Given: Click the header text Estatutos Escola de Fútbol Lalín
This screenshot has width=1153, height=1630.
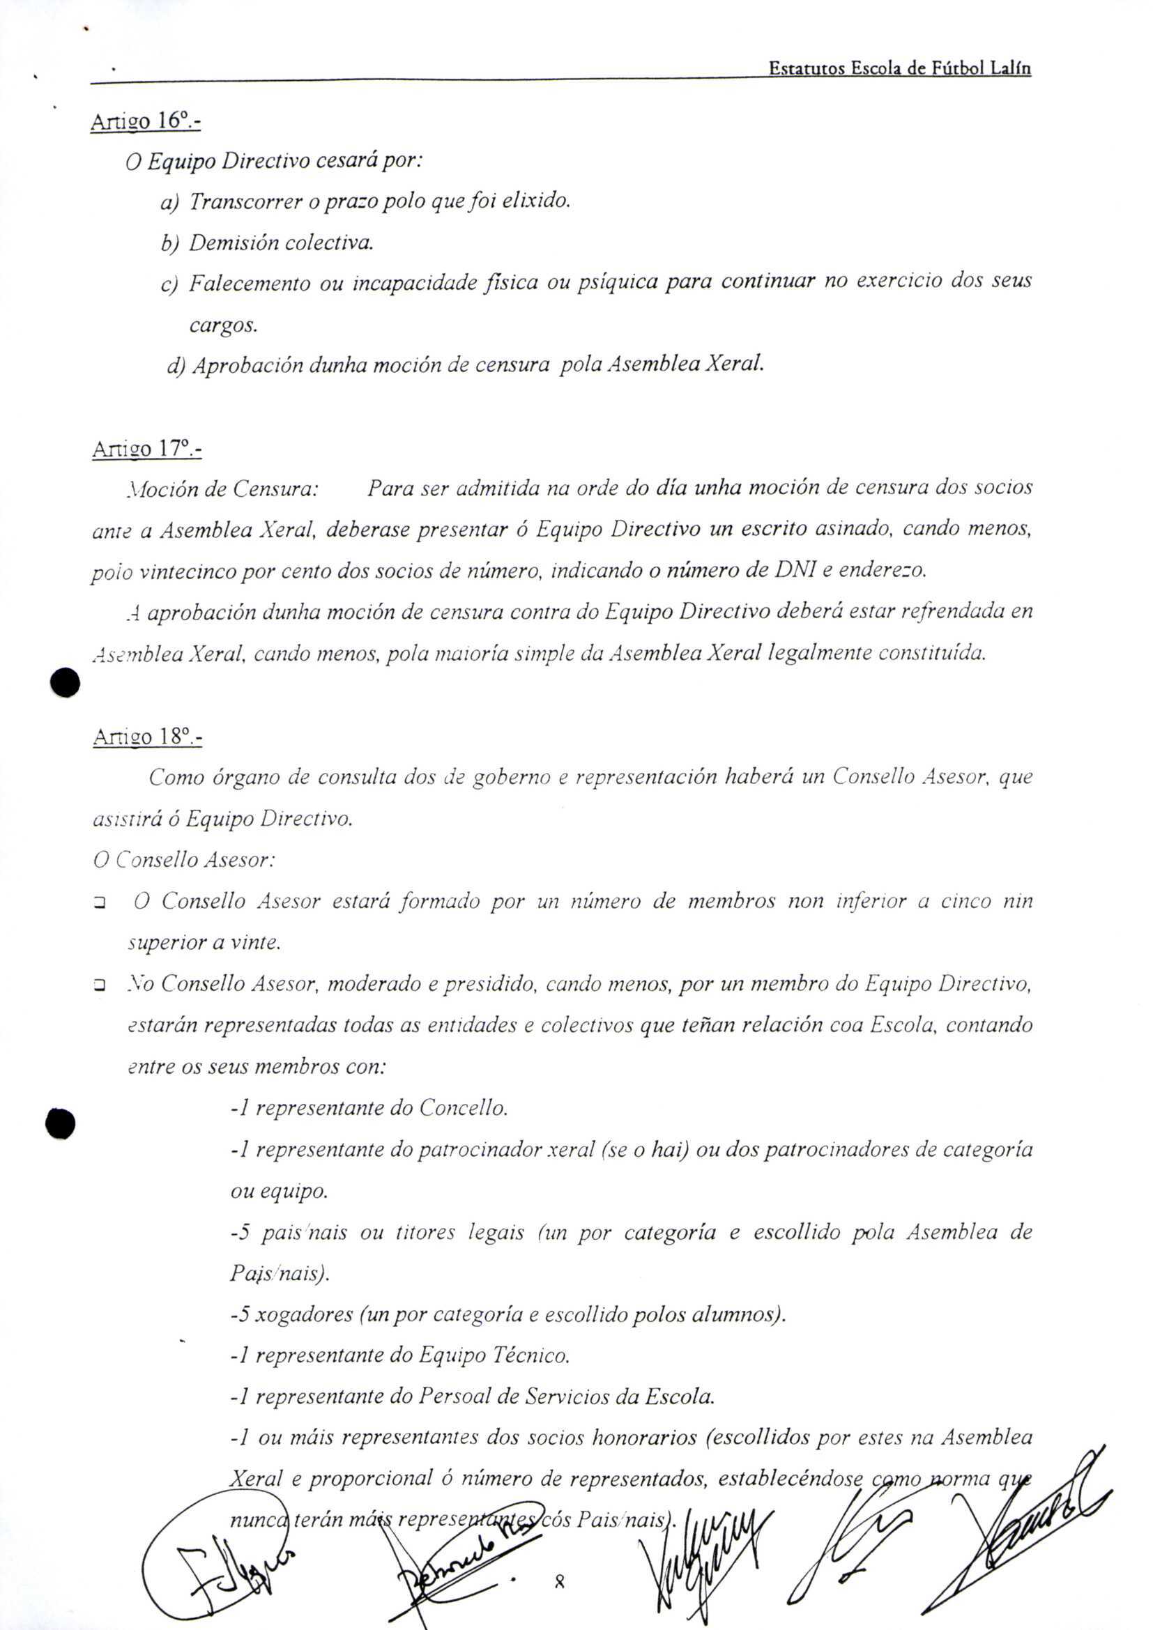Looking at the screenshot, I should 899,69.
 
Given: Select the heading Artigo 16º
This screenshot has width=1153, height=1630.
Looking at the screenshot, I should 146,121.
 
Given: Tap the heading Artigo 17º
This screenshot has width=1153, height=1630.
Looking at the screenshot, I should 146,449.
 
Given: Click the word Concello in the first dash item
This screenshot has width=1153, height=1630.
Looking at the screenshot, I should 463,1108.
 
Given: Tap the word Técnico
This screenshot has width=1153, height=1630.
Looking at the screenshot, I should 532,1355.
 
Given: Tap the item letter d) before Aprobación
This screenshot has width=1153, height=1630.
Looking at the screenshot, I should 176,367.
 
